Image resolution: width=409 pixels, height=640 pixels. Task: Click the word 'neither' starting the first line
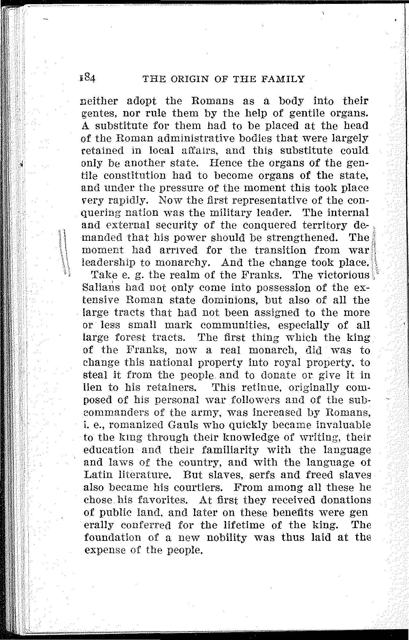100,101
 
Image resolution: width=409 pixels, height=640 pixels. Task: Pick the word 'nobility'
227,537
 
